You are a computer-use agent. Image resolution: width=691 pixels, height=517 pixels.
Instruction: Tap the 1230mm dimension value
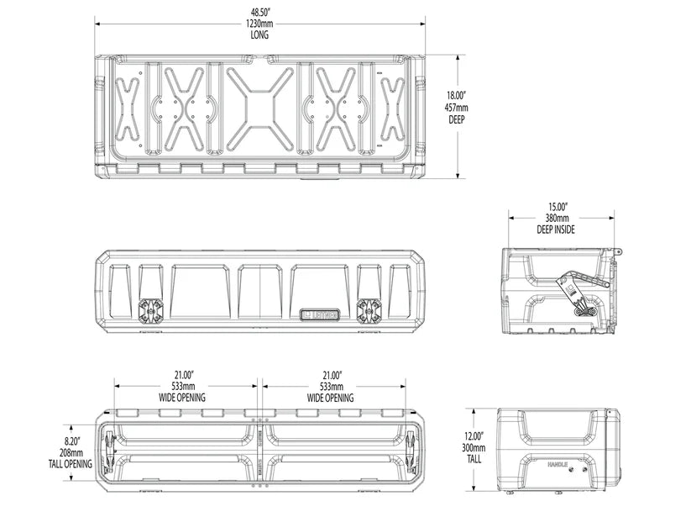coord(259,25)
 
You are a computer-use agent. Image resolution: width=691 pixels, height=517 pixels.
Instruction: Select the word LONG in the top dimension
coord(259,36)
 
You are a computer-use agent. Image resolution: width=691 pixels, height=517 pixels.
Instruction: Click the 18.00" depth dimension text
coord(456,96)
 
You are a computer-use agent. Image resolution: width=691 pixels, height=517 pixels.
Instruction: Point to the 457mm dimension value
coord(457,108)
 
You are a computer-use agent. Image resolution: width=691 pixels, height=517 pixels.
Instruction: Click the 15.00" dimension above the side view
coord(558,206)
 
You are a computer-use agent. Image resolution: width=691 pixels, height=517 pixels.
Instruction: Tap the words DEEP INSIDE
coord(558,229)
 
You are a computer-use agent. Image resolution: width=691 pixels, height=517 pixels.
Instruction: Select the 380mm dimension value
coord(558,218)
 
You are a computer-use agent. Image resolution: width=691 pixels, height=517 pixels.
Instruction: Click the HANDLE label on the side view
coord(558,465)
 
